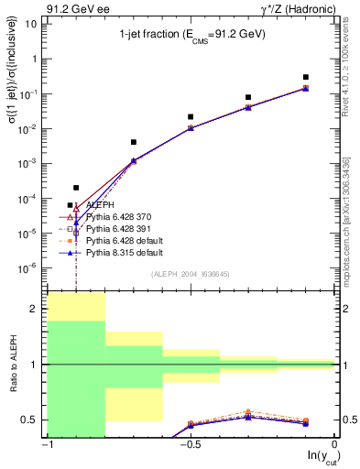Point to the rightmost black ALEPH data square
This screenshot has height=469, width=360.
click(x=306, y=77)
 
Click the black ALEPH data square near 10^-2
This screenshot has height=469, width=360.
click(x=191, y=117)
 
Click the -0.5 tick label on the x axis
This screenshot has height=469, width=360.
click(x=189, y=446)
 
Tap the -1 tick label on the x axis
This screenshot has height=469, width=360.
click(x=46, y=446)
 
